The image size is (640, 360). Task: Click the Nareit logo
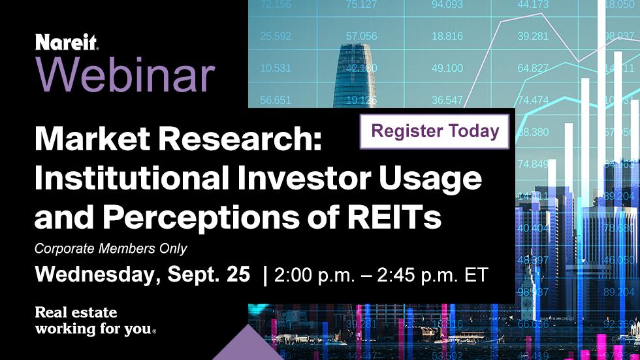(67, 43)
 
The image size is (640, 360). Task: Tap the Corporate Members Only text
(111, 248)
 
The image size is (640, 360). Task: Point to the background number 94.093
(447, 5)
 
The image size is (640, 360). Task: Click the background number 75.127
(361, 6)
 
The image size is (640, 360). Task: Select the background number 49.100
(447, 68)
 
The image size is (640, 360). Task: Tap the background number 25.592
(276, 37)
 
